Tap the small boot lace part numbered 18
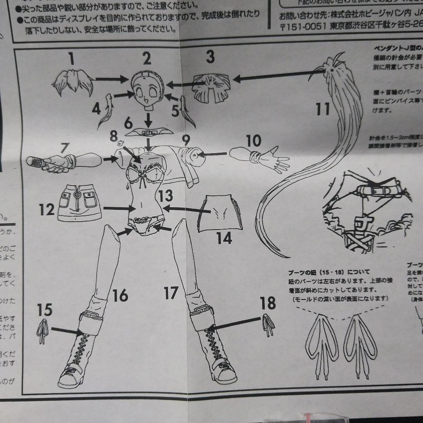269,326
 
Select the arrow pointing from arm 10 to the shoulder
211,156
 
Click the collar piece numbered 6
148,132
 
